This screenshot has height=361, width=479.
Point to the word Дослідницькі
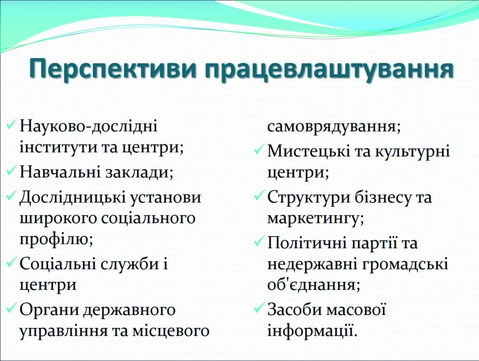click(x=72, y=198)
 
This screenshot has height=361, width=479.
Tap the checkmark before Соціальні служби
click(x=11, y=262)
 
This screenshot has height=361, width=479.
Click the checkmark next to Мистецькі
click(x=259, y=150)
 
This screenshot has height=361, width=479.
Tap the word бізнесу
click(x=382, y=197)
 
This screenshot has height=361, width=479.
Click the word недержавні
click(x=312, y=264)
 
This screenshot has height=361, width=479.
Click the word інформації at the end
click(x=312, y=331)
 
